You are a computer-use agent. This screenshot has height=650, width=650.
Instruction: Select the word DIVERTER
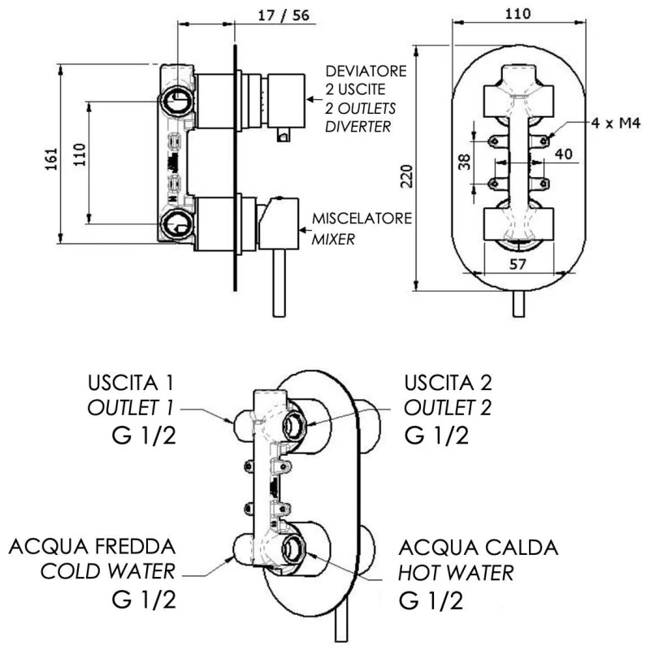(x=357, y=127)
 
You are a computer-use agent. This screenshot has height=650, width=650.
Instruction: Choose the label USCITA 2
(x=448, y=381)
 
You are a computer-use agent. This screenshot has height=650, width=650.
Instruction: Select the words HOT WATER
(x=456, y=573)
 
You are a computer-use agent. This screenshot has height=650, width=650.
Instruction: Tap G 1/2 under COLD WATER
(x=143, y=601)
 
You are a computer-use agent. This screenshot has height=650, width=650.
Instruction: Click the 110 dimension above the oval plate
(x=518, y=14)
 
